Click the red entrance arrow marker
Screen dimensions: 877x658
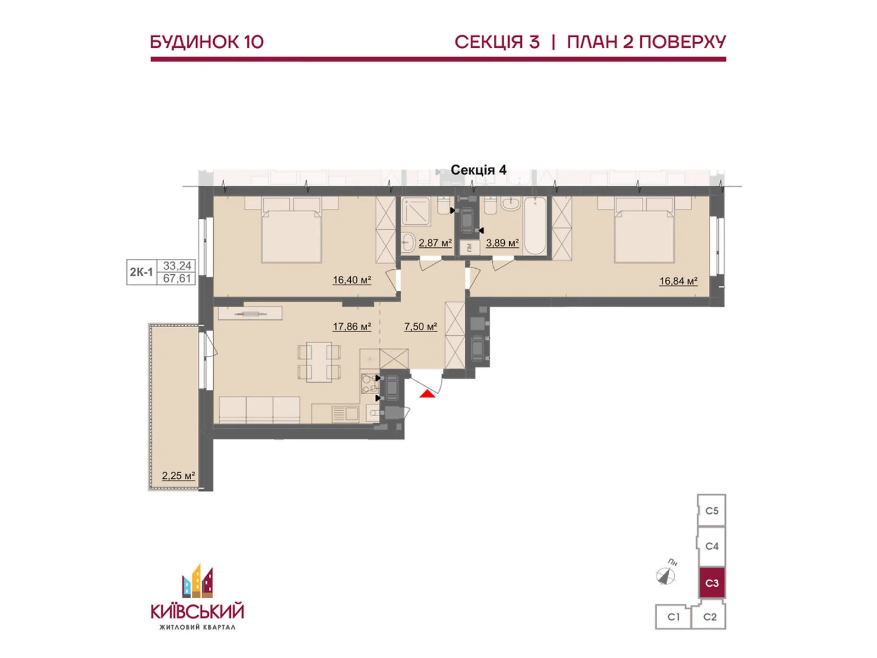pos(427,394)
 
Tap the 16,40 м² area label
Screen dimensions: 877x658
pos(351,280)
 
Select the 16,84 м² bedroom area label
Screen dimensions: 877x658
pos(678,281)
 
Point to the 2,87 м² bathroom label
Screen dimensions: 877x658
pos(435,242)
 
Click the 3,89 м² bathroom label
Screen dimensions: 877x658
pos(502,242)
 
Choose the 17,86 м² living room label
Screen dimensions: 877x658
pos(351,326)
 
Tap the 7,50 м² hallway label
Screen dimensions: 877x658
pos(420,326)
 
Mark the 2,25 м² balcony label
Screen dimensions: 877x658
pos(178,475)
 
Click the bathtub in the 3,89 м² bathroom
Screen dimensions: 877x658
pos(535,226)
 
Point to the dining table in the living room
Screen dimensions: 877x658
pos(319,362)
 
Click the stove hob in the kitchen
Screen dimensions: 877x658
pos(369,383)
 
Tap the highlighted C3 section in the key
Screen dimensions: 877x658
pos(711,583)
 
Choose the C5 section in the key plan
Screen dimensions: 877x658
pos(711,510)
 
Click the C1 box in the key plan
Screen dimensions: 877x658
pos(673,617)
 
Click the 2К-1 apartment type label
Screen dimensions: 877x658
pos(141,272)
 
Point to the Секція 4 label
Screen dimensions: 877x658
pos(479,170)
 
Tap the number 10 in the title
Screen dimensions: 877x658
pos(252,42)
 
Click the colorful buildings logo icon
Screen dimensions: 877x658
pos(197,581)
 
